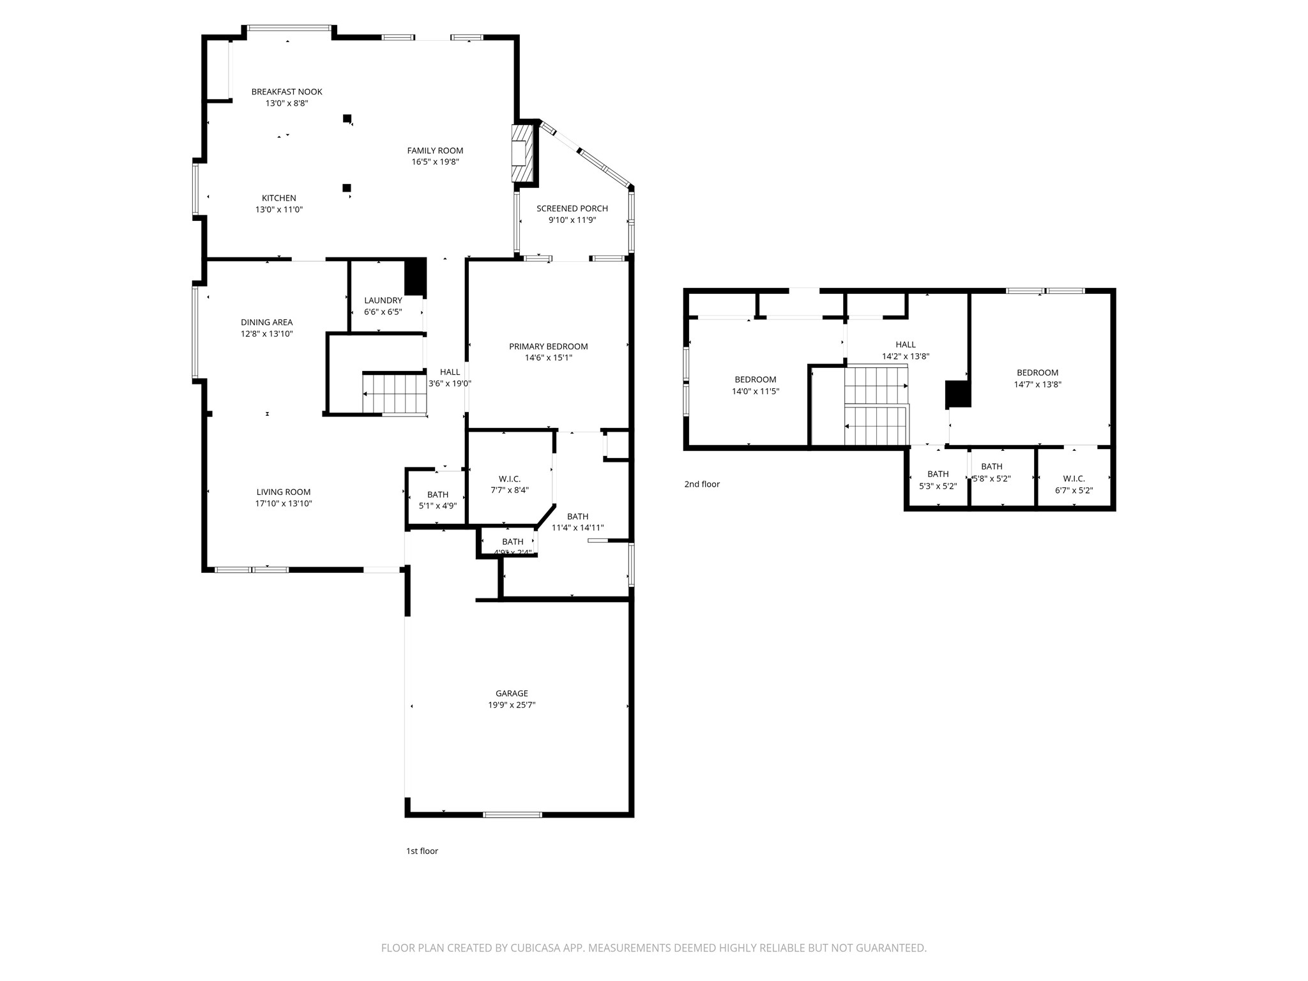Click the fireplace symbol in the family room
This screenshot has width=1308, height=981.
[522, 153]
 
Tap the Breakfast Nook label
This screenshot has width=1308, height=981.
[287, 92]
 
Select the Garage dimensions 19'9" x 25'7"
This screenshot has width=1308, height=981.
[512, 705]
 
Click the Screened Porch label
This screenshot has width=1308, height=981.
[572, 209]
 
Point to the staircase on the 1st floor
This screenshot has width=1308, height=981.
[394, 393]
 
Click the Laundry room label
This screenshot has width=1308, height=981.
[383, 301]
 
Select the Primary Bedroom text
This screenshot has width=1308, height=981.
[548, 347]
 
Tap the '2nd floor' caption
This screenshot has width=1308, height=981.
[702, 484]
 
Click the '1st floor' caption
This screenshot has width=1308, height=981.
[422, 851]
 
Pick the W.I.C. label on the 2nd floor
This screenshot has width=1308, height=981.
[1074, 478]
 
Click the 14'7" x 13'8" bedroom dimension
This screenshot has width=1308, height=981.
[1037, 384]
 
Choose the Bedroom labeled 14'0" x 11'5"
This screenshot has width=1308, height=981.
[755, 379]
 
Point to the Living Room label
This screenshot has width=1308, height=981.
[284, 492]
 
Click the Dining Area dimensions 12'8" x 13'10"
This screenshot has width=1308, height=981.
[267, 333]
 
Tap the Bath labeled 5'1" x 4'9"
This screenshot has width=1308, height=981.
[437, 494]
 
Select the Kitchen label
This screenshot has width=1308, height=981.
[279, 198]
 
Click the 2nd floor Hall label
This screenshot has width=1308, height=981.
[905, 345]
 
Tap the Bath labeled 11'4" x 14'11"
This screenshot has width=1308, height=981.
[577, 517]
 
